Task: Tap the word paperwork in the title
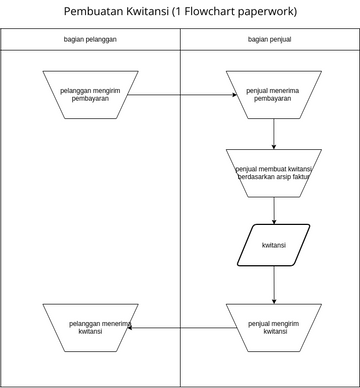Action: pos(273,12)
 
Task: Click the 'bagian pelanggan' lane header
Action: pos(90,39)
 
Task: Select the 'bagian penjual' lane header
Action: pos(270,39)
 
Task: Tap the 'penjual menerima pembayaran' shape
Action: pos(274,95)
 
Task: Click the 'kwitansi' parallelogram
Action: pos(274,245)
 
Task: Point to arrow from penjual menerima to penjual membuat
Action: pos(274,134)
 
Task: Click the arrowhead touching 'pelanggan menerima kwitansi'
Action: pos(132,327)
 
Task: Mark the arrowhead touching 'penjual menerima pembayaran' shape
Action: pos(232,95)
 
